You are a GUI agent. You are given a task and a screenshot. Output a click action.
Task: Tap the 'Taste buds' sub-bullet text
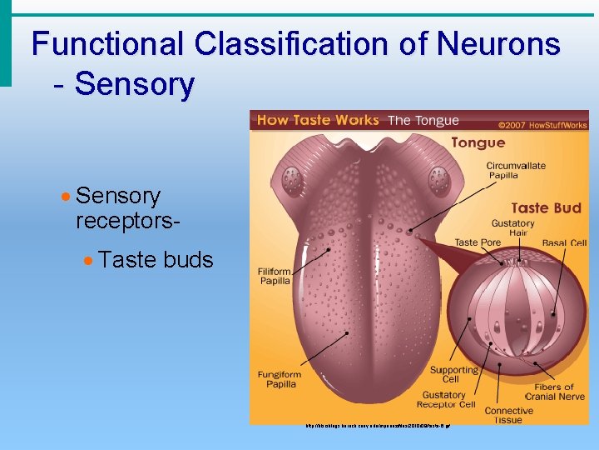(156, 260)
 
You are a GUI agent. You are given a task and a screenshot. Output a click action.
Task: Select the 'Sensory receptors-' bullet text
(118, 208)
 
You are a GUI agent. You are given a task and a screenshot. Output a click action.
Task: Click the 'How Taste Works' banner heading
(318, 120)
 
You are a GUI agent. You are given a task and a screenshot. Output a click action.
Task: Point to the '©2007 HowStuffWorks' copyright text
(542, 125)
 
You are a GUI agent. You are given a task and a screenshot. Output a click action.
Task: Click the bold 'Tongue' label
(478, 142)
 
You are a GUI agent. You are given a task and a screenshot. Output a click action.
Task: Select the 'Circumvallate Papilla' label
(516, 170)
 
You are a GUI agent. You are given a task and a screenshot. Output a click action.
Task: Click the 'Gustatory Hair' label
(512, 228)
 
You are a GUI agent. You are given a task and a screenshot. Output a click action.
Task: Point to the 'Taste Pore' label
(478, 242)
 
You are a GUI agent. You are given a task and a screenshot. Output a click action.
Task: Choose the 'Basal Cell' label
(563, 242)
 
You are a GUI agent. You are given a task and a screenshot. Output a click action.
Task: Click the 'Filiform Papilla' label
(274, 275)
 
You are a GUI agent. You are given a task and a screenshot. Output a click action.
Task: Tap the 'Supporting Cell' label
(453, 374)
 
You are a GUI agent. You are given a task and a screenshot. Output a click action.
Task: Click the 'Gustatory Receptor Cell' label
(448, 399)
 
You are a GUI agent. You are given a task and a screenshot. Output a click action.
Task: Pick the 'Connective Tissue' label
(508, 414)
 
